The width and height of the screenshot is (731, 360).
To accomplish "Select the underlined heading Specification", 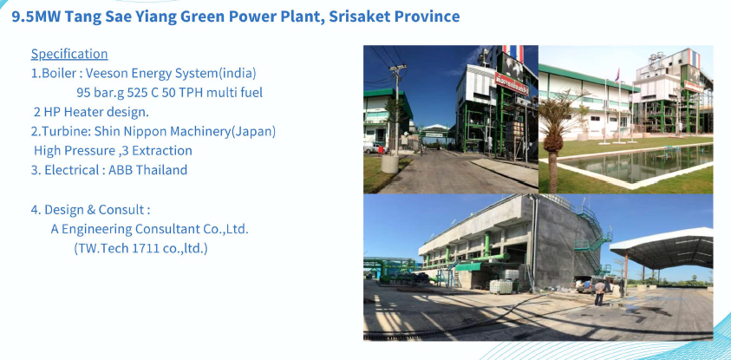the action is click(x=69, y=54).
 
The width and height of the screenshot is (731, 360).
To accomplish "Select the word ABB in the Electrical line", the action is click(x=120, y=170).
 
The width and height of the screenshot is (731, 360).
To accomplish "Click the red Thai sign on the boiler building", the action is click(x=512, y=84).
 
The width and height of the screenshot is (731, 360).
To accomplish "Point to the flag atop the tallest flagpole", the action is click(x=617, y=75).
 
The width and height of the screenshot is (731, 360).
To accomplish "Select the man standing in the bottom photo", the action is click(x=599, y=292).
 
